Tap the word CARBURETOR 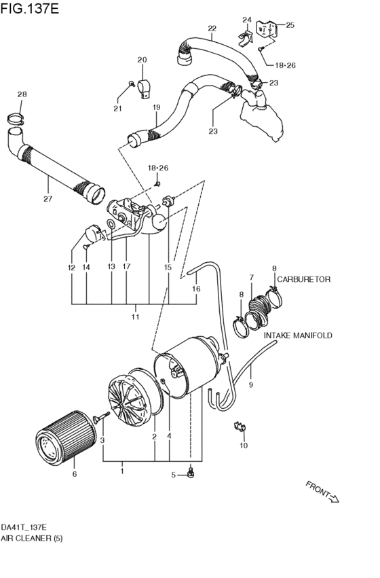point(303,279)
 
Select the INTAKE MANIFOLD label point(297,336)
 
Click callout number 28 point(22,94)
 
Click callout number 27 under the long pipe point(47,199)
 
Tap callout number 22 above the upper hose point(212,29)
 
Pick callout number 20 point(142,60)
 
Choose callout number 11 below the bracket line point(135,317)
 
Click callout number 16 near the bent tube point(196,289)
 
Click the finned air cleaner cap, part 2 point(131,401)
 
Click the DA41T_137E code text point(24,526)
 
